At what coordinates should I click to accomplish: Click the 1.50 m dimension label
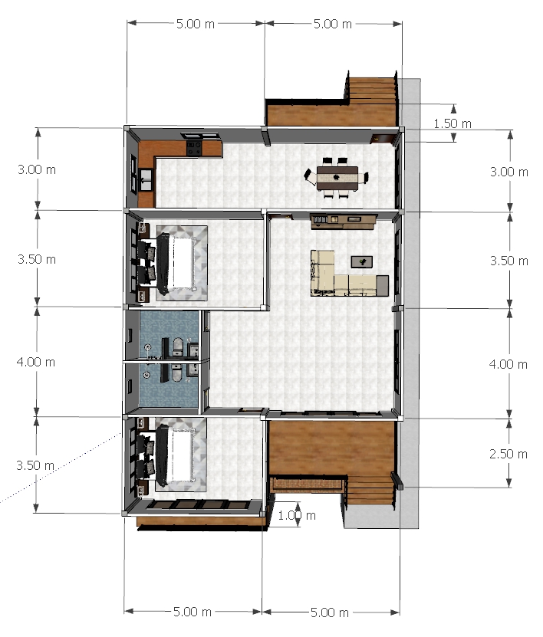pos(452,123)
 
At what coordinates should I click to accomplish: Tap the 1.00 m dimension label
pos(297,516)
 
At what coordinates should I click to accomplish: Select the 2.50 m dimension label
pos(508,454)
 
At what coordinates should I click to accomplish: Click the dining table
pos(337,178)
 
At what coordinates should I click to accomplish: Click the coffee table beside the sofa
pos(362,262)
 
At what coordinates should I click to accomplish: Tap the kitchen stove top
pos(194,148)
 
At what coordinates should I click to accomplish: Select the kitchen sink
pos(146,179)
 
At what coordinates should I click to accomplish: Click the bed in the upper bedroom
pos(176,263)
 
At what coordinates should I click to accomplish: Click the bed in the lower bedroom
pos(175,455)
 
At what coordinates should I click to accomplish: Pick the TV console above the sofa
pos(343,221)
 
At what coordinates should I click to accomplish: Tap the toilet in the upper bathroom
pos(178,347)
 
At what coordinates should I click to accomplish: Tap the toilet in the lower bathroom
pos(177,373)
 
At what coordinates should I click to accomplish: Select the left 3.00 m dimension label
pos(37,169)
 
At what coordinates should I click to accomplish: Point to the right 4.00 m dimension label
pos(508,364)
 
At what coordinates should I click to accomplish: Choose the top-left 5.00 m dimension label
pos(195,24)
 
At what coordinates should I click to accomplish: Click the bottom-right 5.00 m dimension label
pos(329,612)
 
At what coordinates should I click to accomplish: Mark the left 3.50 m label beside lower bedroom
pos(35,465)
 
